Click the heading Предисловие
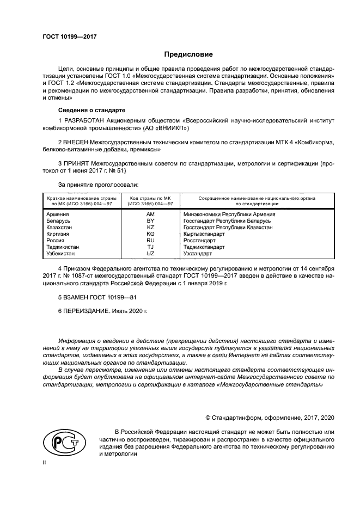pos(189,54)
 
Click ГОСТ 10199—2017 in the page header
pos(69,37)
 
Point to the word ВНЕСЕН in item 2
pos(78,142)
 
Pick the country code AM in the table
pos(150,214)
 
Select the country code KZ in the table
pos(150,228)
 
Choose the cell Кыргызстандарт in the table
pos(204,234)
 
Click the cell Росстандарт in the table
pos(199,241)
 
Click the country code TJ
pos(150,247)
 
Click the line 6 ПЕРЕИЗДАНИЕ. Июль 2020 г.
pos(102,312)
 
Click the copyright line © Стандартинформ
pos(270,418)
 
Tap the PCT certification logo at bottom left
pos(64,442)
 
